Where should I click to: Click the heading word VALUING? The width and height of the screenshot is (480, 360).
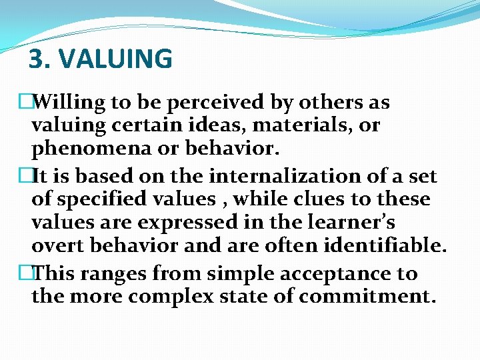coord(116,59)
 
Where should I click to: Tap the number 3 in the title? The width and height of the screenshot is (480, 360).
coord(36,59)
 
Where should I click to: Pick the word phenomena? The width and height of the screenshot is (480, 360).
coord(90,147)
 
